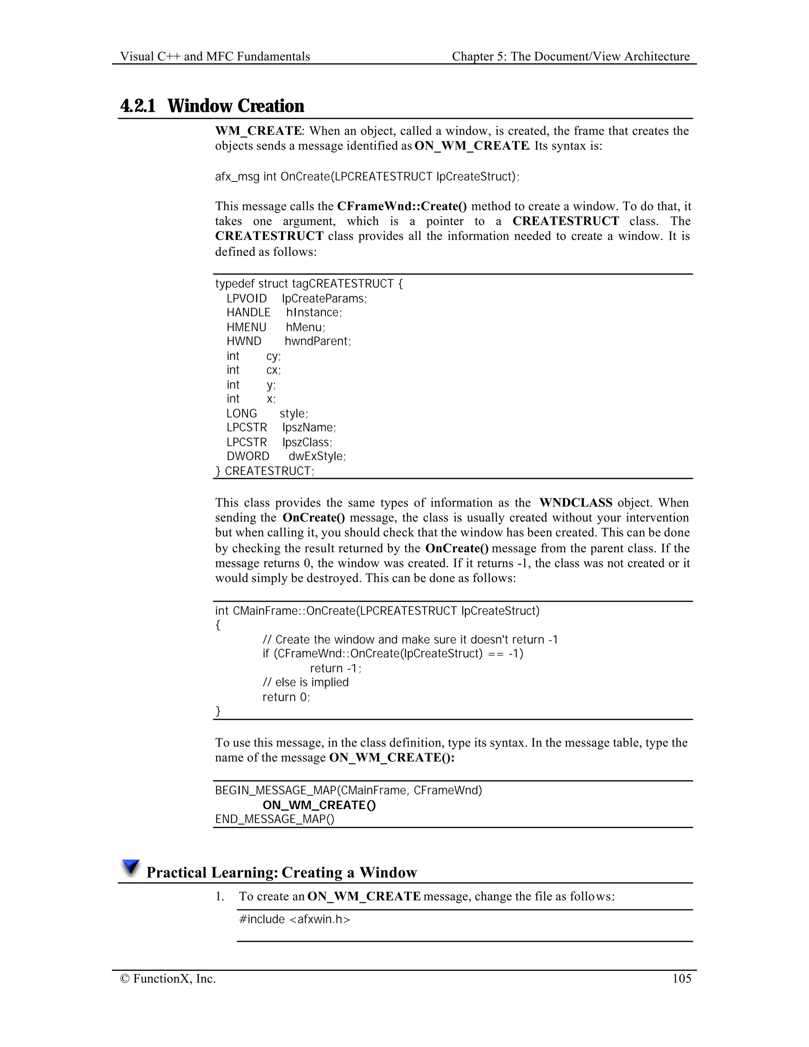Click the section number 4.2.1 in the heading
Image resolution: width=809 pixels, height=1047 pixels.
138,106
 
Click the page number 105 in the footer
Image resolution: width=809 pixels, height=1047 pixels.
681,978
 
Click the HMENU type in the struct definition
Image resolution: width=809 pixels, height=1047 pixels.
246,328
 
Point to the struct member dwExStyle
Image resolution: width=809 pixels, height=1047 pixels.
317,456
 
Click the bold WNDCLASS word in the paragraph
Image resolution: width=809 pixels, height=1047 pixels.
576,503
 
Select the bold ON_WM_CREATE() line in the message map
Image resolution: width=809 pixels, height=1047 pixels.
319,805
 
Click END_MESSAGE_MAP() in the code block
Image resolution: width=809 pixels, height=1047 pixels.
275,819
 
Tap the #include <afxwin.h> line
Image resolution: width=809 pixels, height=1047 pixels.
295,919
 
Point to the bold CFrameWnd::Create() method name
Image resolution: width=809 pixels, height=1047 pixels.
402,206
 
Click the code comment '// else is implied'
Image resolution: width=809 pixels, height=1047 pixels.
305,682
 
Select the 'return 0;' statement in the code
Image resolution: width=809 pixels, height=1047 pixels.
286,697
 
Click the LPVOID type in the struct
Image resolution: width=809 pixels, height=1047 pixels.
247,299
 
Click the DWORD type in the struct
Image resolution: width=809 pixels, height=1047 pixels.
248,456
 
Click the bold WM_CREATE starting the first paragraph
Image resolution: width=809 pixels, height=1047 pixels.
258,131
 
